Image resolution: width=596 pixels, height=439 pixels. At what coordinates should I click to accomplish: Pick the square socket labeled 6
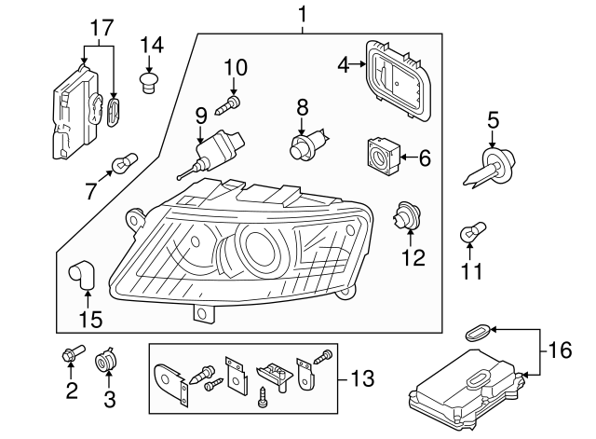click(383, 156)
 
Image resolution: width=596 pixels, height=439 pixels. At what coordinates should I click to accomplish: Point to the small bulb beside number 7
click(121, 166)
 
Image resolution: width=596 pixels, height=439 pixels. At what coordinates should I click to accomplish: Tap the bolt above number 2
click(72, 353)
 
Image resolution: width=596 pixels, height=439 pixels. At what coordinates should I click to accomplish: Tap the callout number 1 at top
click(302, 13)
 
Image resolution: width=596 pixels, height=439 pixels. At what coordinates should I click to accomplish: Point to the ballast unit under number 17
click(74, 114)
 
